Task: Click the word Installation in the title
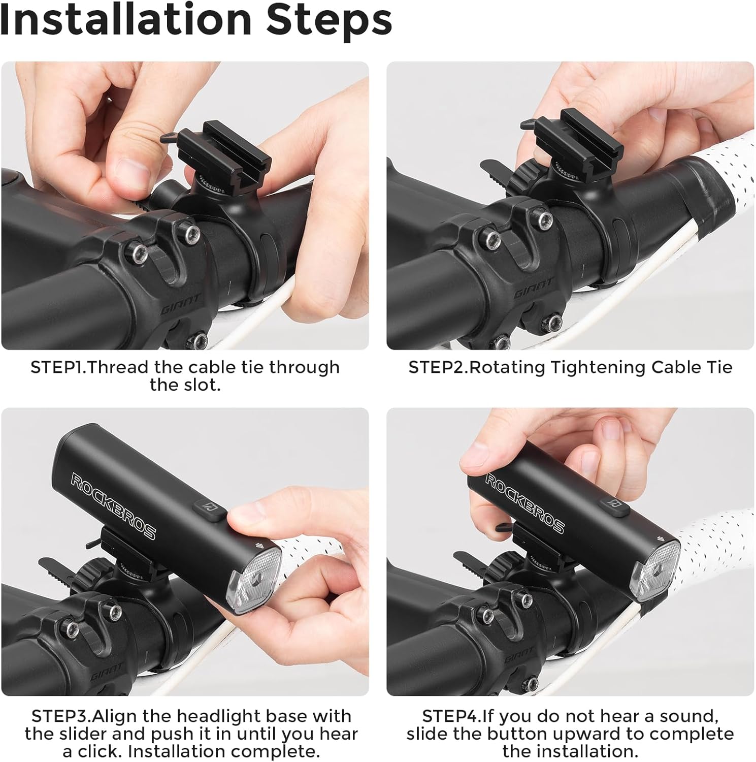click(x=126, y=20)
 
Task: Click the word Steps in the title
click(x=329, y=20)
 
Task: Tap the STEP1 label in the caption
click(x=57, y=367)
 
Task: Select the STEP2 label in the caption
click(x=437, y=367)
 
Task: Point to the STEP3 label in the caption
click(x=60, y=716)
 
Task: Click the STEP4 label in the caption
click(x=451, y=716)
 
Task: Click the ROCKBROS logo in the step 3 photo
click(x=113, y=505)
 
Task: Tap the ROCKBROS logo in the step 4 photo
click(x=524, y=502)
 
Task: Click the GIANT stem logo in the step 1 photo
click(x=181, y=305)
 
